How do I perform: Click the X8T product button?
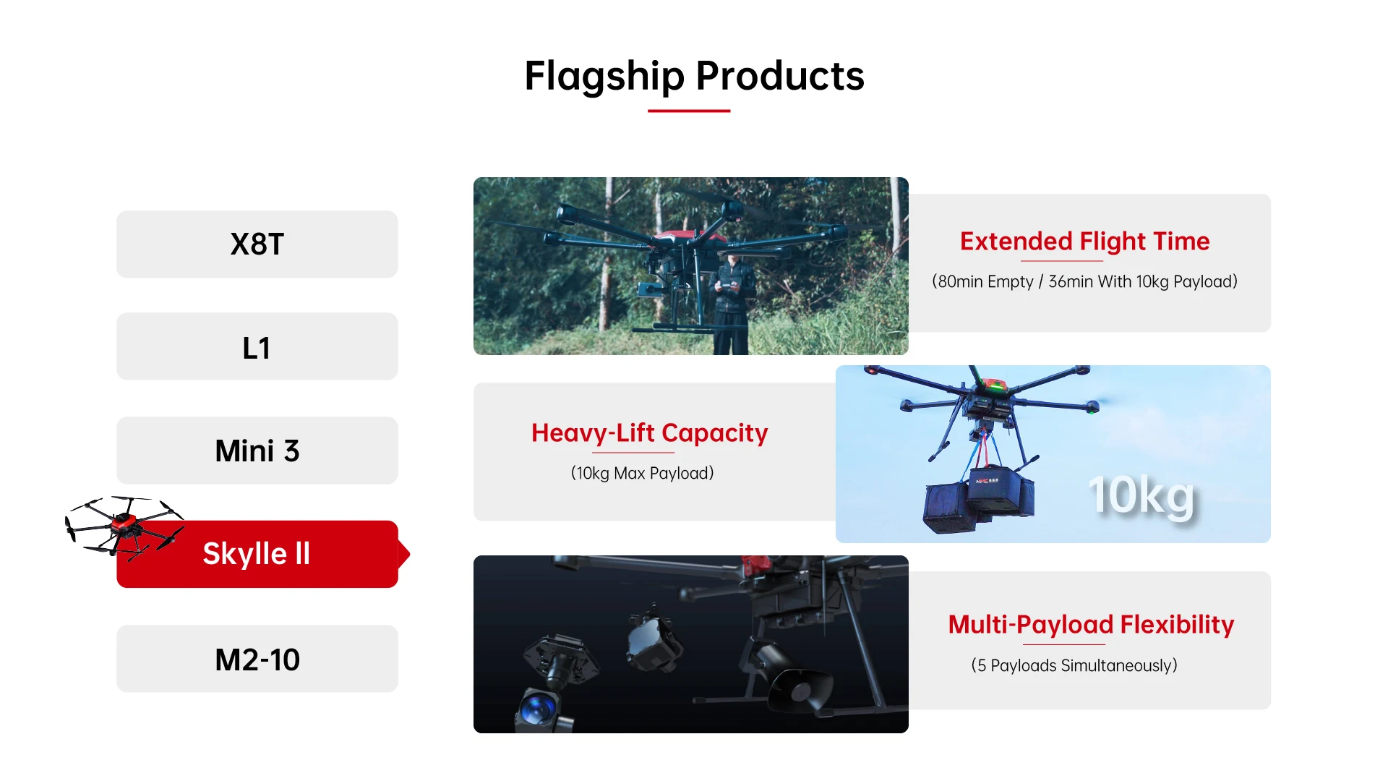[257, 244]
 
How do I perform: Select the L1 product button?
[257, 346]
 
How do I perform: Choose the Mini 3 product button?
[257, 451]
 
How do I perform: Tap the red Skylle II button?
[257, 554]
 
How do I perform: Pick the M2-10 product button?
[257, 659]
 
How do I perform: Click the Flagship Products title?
[694, 76]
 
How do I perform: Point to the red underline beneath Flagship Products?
[689, 111]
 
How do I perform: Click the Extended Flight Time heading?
[1084, 242]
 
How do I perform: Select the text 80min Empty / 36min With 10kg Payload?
[1084, 281]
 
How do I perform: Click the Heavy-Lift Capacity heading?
[649, 433]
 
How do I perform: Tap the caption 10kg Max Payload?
[642, 473]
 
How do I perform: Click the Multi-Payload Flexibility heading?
[1091, 625]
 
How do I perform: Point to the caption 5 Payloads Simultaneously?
[1074, 665]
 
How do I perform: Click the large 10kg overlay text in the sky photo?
[1141, 497]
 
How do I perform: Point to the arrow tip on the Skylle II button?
[410, 555]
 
